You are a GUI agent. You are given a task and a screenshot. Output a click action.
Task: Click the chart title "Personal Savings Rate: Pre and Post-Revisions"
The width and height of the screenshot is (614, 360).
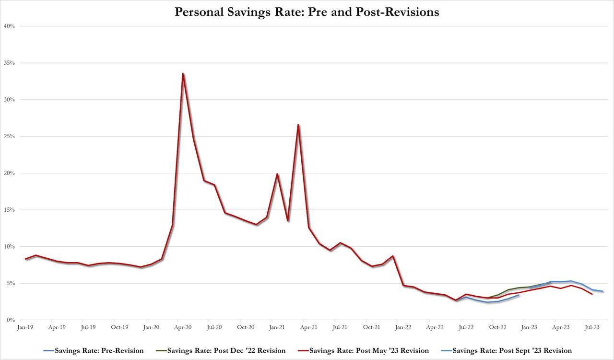307,12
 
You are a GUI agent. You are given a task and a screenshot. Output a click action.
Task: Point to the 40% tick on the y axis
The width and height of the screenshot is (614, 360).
10,26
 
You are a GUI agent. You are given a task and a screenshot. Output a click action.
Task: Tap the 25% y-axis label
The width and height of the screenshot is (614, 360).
10,136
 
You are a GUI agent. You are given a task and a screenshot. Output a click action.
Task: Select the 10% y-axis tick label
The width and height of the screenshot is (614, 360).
10,246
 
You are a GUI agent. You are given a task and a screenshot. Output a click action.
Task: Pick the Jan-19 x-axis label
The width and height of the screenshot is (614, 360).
25,327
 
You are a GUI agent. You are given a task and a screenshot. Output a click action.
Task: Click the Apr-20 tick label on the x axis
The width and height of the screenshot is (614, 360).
183,327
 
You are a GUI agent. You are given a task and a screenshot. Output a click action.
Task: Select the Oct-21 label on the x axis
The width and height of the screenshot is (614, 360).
371,327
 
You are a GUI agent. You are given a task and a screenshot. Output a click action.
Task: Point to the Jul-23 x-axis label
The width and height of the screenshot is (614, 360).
591,327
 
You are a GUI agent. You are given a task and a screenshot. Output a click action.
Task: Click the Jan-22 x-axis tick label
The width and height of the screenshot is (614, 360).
403,327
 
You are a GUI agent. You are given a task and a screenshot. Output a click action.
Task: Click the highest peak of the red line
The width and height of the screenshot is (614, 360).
183,73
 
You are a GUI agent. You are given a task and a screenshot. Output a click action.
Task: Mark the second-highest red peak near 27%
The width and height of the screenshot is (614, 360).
298,125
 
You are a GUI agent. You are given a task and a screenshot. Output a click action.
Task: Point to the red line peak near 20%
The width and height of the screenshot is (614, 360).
277,174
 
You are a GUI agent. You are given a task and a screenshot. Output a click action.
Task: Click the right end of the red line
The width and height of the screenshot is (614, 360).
592,294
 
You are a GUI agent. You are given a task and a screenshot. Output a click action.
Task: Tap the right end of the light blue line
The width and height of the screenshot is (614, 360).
602,291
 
